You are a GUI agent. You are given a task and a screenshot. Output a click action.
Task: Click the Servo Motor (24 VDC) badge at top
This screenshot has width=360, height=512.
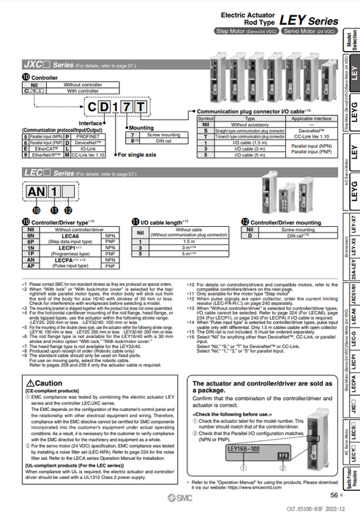pyautogui.click(x=312, y=32)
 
